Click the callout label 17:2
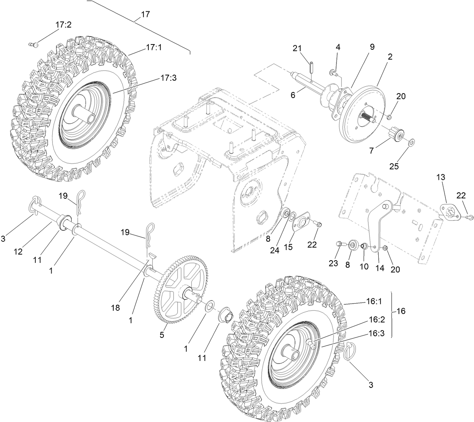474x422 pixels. click(x=63, y=25)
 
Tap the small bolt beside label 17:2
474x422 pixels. click(x=34, y=45)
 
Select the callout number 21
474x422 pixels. click(x=298, y=48)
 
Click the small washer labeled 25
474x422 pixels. click(x=411, y=142)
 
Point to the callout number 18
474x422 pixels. click(x=116, y=307)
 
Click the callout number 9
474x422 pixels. click(x=372, y=47)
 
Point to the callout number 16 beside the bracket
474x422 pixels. click(x=402, y=311)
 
